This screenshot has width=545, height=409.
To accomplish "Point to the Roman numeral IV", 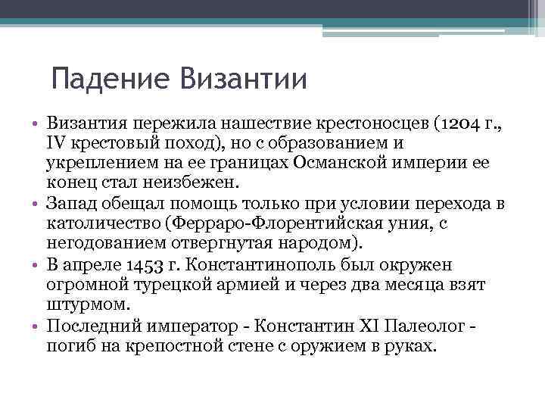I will point(56,142).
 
